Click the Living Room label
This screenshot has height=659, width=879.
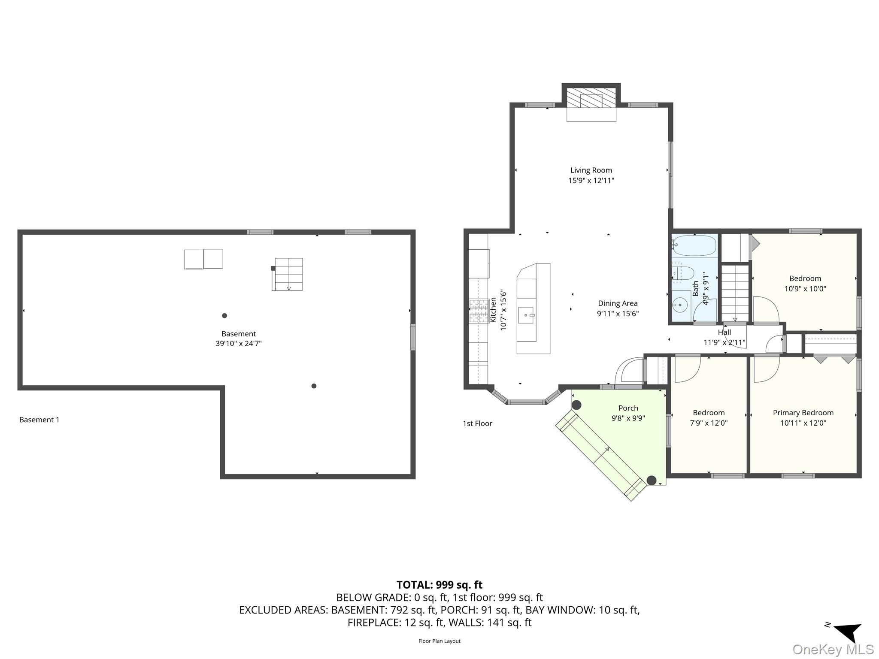point(591,170)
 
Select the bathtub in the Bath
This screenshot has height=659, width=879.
point(694,246)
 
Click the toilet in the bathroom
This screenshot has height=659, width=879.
point(683,273)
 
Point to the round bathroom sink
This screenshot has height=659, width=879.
point(680,305)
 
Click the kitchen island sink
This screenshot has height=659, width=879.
point(526,315)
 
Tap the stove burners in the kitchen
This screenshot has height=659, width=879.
point(479,311)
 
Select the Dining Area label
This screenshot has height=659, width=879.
point(618,303)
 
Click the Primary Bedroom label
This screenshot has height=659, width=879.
point(803,413)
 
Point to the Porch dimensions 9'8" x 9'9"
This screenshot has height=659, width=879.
point(628,418)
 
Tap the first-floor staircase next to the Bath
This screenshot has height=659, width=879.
point(735,293)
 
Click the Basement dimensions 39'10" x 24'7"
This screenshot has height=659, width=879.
point(239,344)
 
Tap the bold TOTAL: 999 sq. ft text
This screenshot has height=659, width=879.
point(439,585)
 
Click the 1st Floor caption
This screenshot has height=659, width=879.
point(477,423)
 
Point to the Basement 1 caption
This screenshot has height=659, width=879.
point(39,420)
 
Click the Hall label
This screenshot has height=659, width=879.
point(724,332)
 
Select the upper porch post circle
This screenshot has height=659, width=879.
point(576,405)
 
